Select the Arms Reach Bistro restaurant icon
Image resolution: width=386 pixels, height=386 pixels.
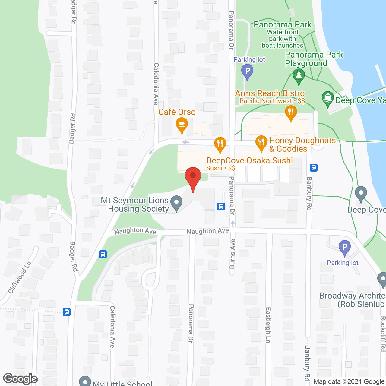(x=291, y=112)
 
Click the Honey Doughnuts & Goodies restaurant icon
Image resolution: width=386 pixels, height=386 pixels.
(x=261, y=142)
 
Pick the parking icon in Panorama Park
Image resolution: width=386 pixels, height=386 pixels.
(x=247, y=72)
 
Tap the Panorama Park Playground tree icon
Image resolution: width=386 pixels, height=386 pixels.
(x=299, y=75)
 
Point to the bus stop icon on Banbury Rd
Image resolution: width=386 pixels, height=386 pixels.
(x=314, y=167)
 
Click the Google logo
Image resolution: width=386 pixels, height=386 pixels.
(x=20, y=379)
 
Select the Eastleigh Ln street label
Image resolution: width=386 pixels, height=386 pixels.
(x=268, y=325)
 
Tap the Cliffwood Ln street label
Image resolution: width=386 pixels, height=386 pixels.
(x=20, y=277)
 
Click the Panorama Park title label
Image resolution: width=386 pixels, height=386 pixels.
(x=283, y=24)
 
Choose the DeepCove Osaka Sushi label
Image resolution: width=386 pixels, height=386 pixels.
(x=249, y=160)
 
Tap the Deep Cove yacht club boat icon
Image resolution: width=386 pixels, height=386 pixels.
(x=327, y=98)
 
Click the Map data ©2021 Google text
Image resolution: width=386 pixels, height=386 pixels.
(x=349, y=382)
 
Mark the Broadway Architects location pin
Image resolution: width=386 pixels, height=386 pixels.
(x=382, y=279)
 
